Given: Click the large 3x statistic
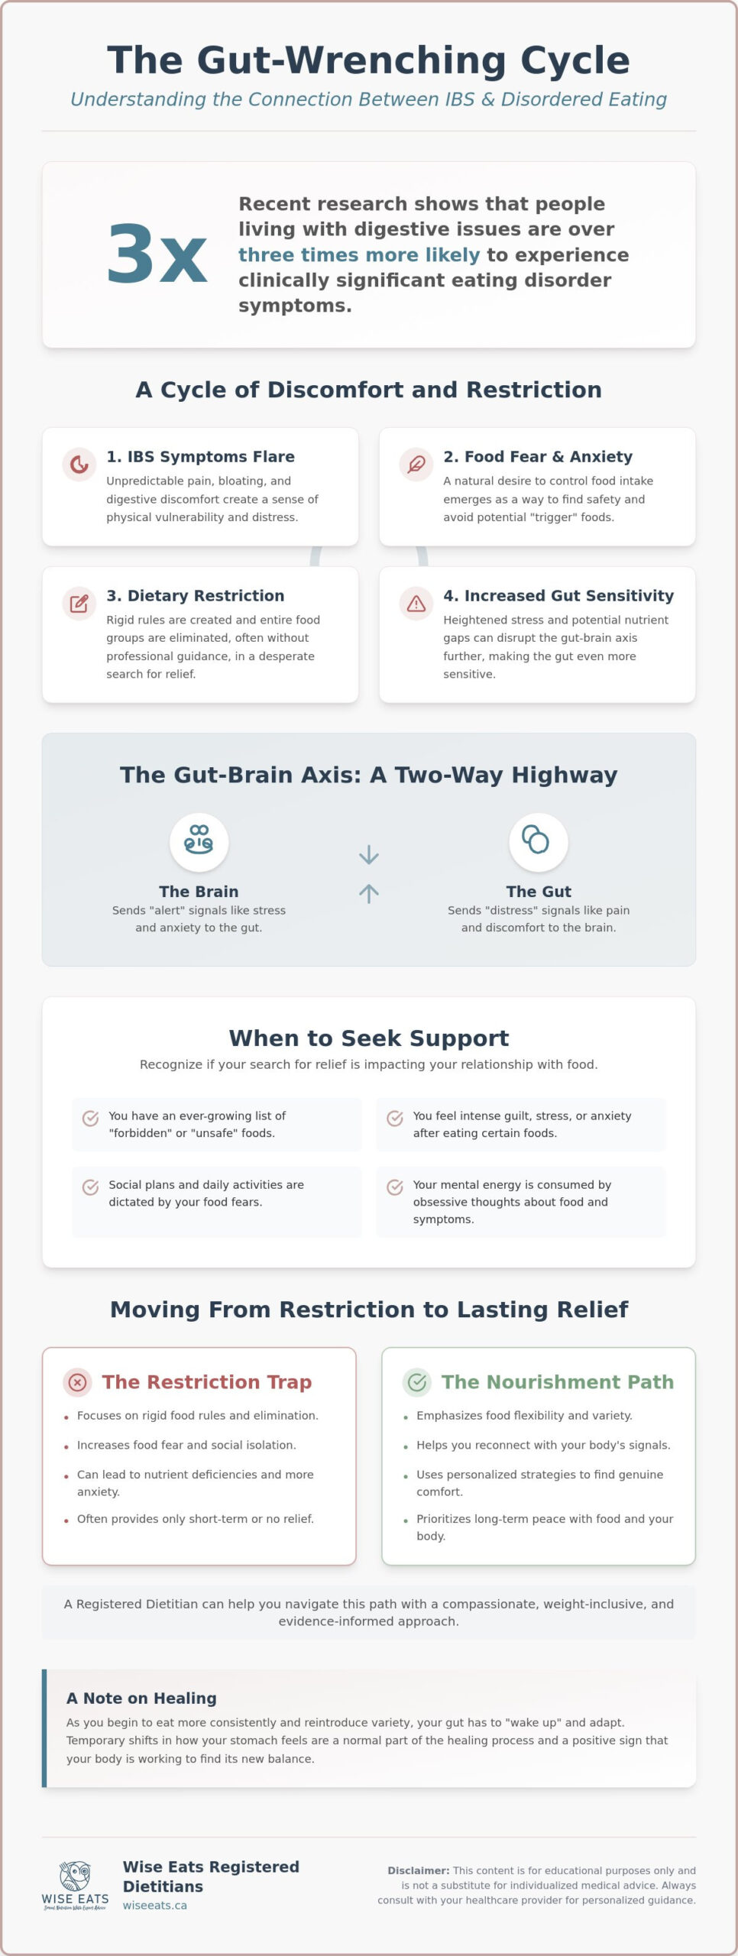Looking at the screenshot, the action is [157, 254].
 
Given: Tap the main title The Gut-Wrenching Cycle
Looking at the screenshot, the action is [369, 60].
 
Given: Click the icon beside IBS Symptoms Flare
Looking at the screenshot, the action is [79, 464].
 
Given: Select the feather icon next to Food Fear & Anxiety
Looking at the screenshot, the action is [416, 464].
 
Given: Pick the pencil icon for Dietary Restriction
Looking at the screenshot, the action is [79, 604].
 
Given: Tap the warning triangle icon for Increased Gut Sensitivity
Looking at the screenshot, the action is [416, 604].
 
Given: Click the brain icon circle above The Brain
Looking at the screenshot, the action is [199, 842].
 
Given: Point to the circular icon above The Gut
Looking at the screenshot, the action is [539, 842].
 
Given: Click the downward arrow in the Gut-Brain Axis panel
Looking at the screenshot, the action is [369, 854].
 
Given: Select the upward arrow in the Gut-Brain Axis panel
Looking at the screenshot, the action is [369, 893].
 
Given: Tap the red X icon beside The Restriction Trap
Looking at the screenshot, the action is [77, 1381].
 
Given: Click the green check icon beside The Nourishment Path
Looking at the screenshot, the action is [417, 1381].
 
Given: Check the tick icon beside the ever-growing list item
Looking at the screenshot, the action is [90, 1118].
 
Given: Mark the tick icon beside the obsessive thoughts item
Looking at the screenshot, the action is [395, 1187].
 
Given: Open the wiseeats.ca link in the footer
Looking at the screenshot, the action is [155, 1906].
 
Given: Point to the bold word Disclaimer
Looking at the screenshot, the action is [419, 1870].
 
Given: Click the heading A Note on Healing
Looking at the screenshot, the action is [141, 1698].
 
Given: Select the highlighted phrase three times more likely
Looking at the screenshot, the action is [359, 254].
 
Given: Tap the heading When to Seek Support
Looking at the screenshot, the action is [369, 1038].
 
